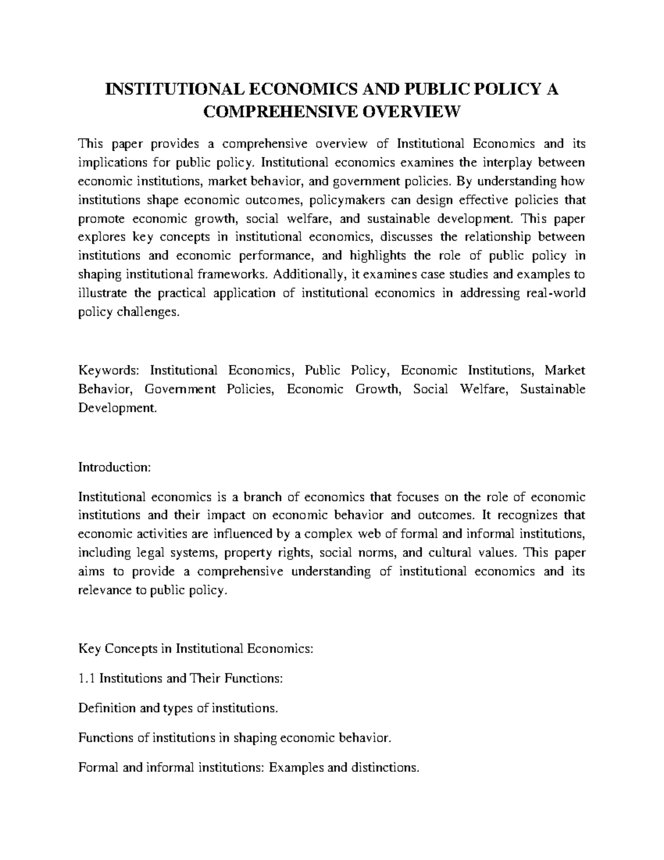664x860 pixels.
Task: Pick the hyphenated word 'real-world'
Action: pos(557,293)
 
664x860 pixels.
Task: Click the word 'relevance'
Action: pos(103,590)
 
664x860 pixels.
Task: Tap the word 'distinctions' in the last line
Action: pos(389,768)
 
